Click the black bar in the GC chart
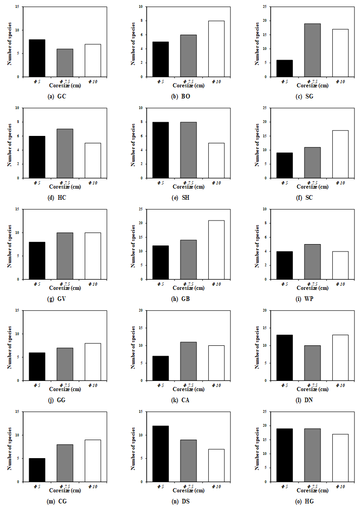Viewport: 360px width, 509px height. (x=37, y=58)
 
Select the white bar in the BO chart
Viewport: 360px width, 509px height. (x=216, y=49)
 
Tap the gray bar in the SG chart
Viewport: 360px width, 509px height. (x=312, y=50)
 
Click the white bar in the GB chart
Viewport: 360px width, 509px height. (x=216, y=250)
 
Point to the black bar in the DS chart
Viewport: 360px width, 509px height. (x=161, y=454)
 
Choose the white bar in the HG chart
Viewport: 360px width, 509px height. (x=340, y=458)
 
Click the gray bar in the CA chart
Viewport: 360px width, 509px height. (x=188, y=361)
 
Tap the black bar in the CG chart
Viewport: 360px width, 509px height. (x=37, y=470)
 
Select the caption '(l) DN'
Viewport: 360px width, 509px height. (x=304, y=400)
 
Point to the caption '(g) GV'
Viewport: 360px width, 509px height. (x=56, y=299)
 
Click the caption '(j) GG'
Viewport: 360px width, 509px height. (x=56, y=400)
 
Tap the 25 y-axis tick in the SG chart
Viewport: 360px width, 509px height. (x=265, y=7)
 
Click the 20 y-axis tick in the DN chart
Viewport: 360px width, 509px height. (x=265, y=311)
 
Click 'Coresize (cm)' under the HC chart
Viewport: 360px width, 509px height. (x=64, y=187)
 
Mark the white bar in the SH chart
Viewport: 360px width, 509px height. (x=216, y=160)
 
